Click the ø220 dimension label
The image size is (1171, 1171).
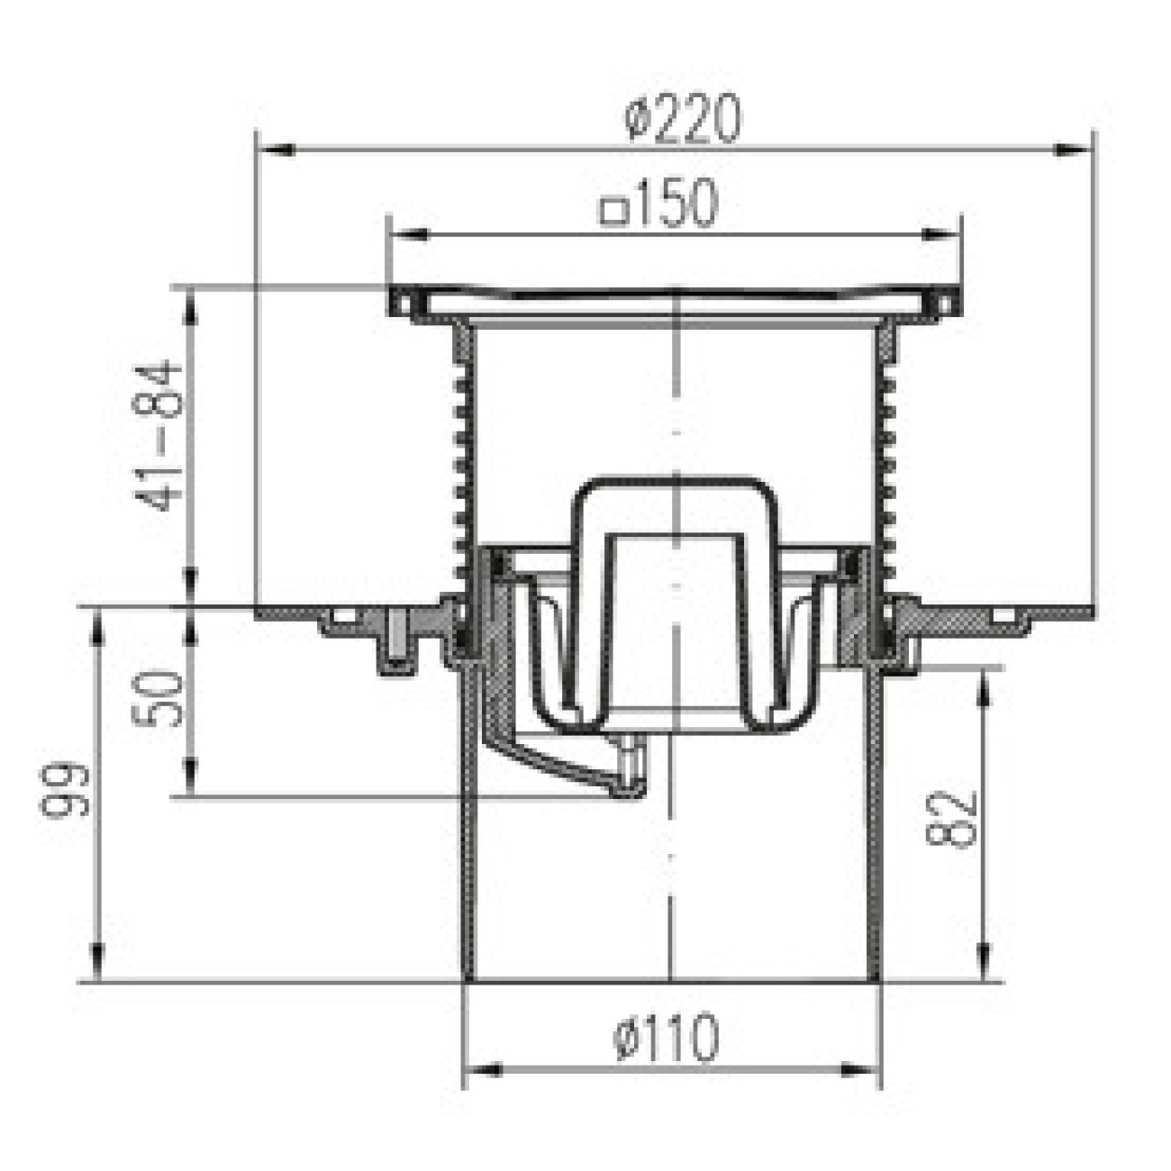(683, 119)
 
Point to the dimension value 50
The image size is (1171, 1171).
(157, 698)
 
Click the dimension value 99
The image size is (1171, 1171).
(65, 791)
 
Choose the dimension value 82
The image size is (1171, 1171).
(951, 820)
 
